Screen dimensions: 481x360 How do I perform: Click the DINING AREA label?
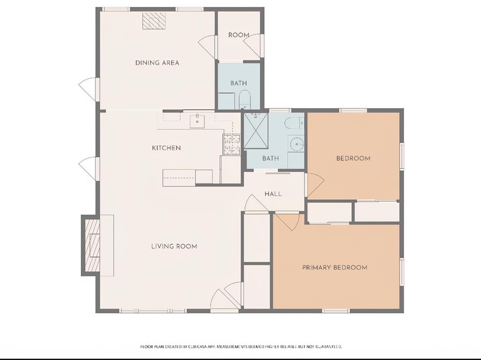coord(157,63)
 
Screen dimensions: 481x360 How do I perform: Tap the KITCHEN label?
coord(166,148)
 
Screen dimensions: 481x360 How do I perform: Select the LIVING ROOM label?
coord(174,246)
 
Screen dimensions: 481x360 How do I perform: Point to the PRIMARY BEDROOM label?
coord(334,268)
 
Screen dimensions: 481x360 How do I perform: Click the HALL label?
coord(273,194)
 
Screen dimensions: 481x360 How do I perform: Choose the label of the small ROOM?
coord(238,35)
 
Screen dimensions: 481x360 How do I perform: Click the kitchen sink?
coord(197,121)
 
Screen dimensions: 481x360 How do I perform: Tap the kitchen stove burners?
coord(232,145)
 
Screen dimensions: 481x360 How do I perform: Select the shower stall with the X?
coord(256,131)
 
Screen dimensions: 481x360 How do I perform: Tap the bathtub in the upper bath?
coord(245,100)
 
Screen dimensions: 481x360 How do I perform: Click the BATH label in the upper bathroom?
coord(239,83)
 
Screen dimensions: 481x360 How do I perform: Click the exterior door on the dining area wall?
coord(89,89)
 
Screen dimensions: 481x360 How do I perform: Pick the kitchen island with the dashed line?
coord(187,178)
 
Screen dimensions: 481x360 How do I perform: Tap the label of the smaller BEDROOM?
coord(353,159)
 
